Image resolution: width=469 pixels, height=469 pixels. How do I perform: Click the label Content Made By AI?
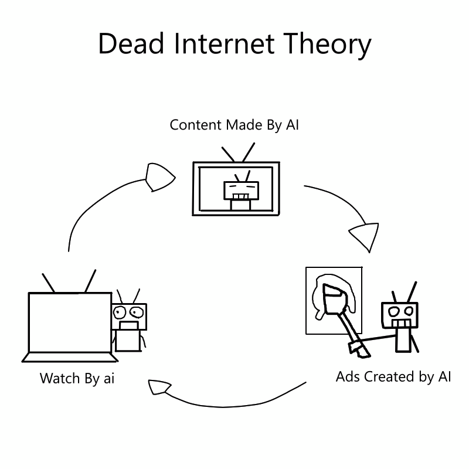(x=234, y=125)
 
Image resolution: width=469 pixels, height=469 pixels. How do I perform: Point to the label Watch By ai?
(x=77, y=378)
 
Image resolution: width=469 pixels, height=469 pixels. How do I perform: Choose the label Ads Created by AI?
(x=393, y=376)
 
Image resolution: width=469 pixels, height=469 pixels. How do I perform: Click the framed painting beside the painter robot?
(x=334, y=300)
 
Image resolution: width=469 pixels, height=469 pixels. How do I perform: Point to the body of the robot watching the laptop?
(x=128, y=338)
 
